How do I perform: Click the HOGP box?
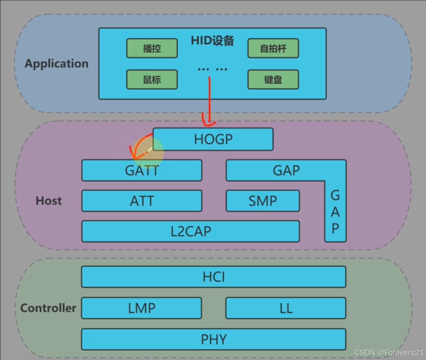click(213, 139)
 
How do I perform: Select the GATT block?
click(142, 171)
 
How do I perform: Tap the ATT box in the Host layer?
click(142, 201)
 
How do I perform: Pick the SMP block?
click(263, 201)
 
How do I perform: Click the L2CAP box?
click(191, 231)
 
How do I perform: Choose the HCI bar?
click(213, 277)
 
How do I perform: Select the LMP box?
click(142, 308)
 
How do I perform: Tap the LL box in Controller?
click(286, 308)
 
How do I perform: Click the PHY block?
click(213, 339)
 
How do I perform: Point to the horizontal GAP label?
click(286, 171)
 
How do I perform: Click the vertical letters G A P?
click(335, 212)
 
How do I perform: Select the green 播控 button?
click(152, 49)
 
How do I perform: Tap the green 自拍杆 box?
click(273, 49)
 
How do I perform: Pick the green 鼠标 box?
click(152, 80)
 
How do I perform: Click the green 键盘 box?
click(273, 80)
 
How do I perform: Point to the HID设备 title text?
click(213, 41)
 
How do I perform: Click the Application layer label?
click(57, 64)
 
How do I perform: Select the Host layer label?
click(49, 201)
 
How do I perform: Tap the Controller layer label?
click(48, 308)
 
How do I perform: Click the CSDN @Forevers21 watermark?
click(389, 353)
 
